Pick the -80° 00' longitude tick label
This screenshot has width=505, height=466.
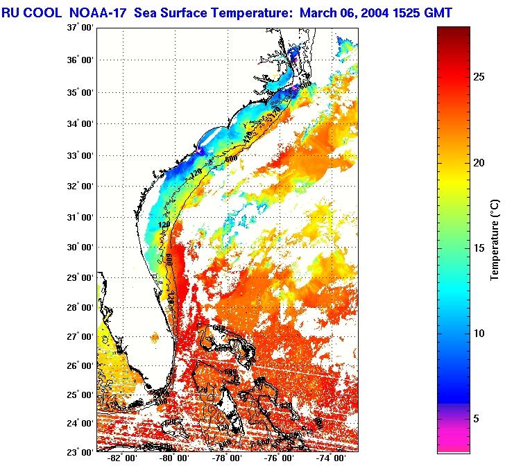(173, 459)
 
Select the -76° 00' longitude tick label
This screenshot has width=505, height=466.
(279, 459)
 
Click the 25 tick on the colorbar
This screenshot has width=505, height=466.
(479, 77)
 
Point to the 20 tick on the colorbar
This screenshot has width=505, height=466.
(479, 162)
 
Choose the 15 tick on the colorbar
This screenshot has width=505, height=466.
(479, 248)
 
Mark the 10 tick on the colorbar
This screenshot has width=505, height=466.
(479, 333)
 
